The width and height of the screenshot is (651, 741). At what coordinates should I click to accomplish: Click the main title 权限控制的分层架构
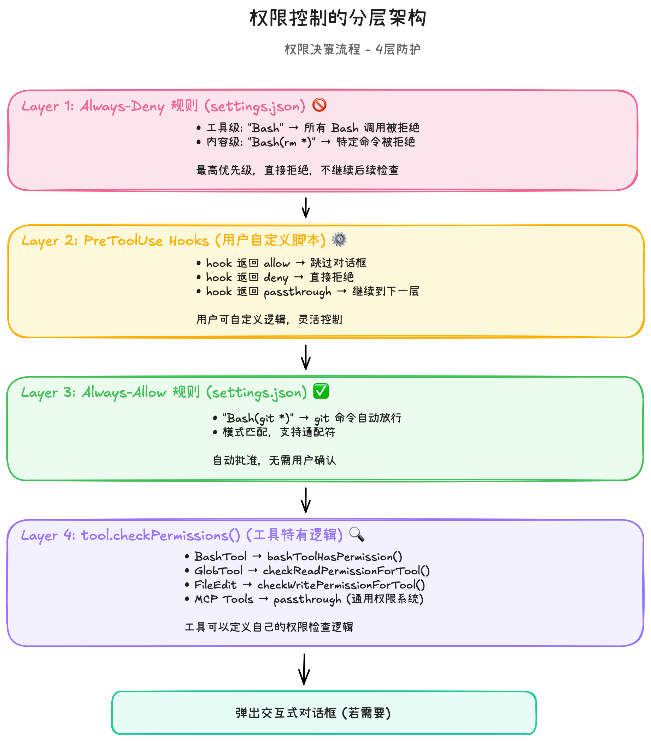click(x=338, y=18)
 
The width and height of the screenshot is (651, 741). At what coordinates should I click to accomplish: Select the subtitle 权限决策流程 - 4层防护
click(x=352, y=49)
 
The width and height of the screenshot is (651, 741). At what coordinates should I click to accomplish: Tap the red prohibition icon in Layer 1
click(x=319, y=105)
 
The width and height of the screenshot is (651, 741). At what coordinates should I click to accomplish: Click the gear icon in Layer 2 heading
click(x=339, y=240)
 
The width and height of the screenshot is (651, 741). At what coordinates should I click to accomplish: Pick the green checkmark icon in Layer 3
click(x=321, y=391)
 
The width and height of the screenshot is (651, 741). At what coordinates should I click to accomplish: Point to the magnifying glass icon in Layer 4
click(x=357, y=534)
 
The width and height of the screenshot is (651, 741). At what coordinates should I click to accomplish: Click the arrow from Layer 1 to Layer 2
click(x=306, y=208)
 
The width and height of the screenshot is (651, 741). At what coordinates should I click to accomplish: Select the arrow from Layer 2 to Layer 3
click(x=306, y=357)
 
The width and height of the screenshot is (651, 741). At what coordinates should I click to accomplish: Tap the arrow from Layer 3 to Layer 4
click(x=306, y=500)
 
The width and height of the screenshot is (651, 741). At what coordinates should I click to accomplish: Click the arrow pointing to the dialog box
click(x=304, y=669)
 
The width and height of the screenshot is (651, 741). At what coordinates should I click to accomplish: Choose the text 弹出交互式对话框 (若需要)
click(x=313, y=713)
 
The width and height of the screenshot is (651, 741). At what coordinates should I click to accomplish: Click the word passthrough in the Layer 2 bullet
click(x=298, y=292)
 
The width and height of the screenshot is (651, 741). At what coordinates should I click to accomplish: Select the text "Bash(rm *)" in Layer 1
click(x=282, y=142)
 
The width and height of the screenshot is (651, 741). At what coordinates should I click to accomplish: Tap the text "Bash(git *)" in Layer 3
click(x=258, y=418)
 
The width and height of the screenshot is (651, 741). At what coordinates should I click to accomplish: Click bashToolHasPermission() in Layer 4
click(x=335, y=557)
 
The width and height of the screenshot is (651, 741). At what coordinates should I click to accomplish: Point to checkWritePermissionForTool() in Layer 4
click(x=341, y=585)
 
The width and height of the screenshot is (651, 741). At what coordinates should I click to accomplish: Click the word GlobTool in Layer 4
click(x=219, y=571)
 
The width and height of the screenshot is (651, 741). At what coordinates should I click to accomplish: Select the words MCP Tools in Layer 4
click(x=224, y=599)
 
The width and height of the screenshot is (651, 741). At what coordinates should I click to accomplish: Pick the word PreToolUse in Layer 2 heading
click(x=123, y=241)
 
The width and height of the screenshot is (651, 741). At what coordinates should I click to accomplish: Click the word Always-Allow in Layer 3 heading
click(x=124, y=392)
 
